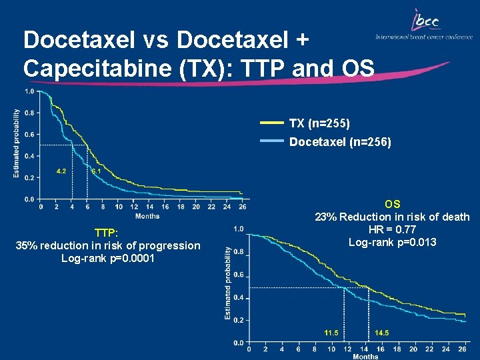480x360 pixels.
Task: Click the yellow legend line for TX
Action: (271, 123)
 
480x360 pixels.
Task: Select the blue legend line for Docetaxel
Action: (271, 141)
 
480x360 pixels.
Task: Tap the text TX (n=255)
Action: (319, 123)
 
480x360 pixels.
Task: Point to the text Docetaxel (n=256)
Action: (340, 142)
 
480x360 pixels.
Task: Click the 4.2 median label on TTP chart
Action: (61, 171)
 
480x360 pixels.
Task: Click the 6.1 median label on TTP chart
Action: (96, 171)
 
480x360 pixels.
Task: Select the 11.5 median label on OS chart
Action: (331, 332)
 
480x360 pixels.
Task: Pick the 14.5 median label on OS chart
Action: (382, 332)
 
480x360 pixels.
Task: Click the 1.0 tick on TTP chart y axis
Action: (30, 91)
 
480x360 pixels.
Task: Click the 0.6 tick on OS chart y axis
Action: (239, 275)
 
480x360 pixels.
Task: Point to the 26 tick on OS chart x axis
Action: (463, 349)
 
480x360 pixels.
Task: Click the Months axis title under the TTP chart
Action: (147, 215)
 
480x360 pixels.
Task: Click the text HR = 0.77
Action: (392, 229)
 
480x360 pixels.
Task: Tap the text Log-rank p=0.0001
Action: (107, 258)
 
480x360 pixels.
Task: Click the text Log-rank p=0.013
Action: (392, 242)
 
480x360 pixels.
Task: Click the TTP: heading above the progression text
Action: (107, 233)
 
